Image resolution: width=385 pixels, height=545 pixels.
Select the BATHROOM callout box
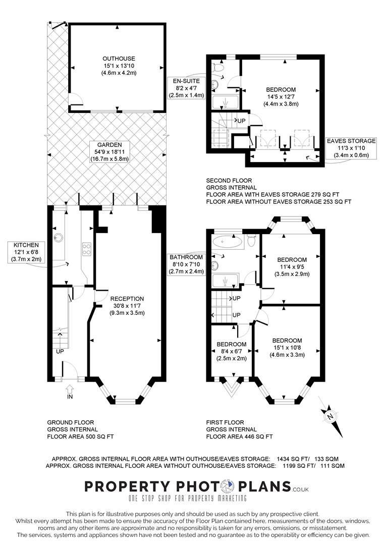(186, 264)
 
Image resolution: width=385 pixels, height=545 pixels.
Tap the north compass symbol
(330, 416)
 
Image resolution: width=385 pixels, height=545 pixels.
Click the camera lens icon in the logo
(228, 486)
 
